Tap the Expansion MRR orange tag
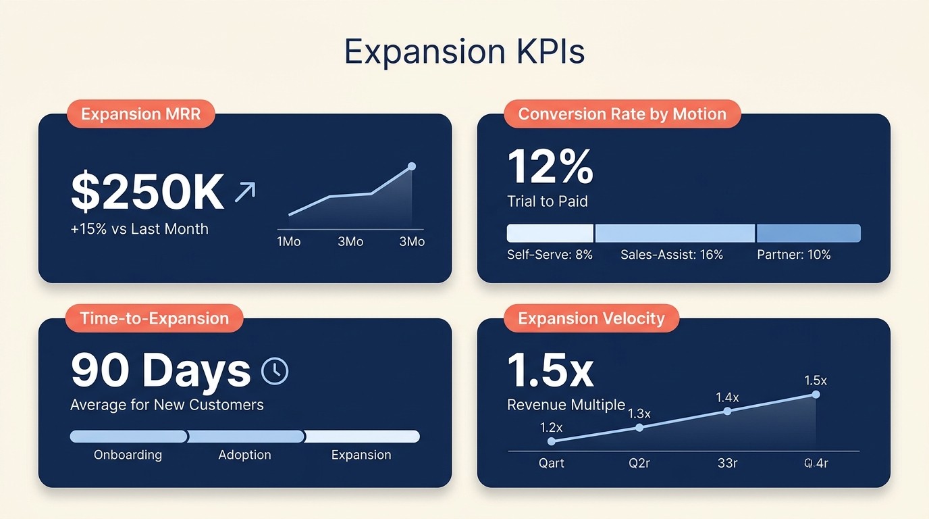[140, 114]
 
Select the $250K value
[147, 193]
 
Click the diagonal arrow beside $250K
[244, 192]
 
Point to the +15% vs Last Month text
[139, 229]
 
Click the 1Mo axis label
[288, 241]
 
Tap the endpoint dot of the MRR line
[412, 166]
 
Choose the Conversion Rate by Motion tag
[622, 114]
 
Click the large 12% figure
[550, 167]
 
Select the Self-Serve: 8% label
[550, 255]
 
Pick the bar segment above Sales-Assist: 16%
[674, 233]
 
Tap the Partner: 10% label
[793, 255]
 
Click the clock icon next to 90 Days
[275, 370]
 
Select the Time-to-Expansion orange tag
[154, 318]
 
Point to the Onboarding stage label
[128, 455]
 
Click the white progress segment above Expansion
[363, 437]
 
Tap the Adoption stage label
[244, 455]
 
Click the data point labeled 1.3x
[639, 427]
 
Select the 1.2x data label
[551, 427]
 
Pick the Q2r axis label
[639, 464]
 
